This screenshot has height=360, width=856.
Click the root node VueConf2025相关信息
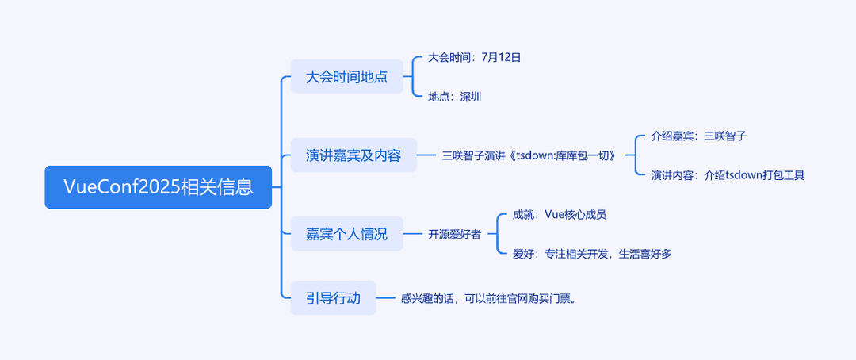point(159,187)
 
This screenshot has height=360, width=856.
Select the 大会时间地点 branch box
point(346,76)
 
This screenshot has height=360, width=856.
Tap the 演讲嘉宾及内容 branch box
point(353,155)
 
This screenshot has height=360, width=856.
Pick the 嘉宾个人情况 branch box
point(346,234)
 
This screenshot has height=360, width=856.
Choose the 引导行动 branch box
point(334,297)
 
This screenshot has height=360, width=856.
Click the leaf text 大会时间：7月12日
point(475,57)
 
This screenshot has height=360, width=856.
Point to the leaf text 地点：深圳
point(455,97)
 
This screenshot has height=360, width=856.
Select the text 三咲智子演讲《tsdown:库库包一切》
point(531,155)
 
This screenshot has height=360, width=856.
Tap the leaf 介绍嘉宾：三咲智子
point(699,136)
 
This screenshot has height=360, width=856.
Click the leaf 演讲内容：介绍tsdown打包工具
point(728,175)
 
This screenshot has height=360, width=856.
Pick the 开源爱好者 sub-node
point(455,235)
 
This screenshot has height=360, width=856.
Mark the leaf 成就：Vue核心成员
point(560,215)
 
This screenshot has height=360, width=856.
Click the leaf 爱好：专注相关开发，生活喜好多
point(592,254)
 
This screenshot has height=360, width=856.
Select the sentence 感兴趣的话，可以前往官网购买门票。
point(488,298)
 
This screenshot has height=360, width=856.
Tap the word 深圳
point(471,97)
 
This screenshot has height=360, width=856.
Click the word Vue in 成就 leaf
point(555,215)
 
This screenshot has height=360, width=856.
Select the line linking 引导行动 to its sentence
point(386,298)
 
